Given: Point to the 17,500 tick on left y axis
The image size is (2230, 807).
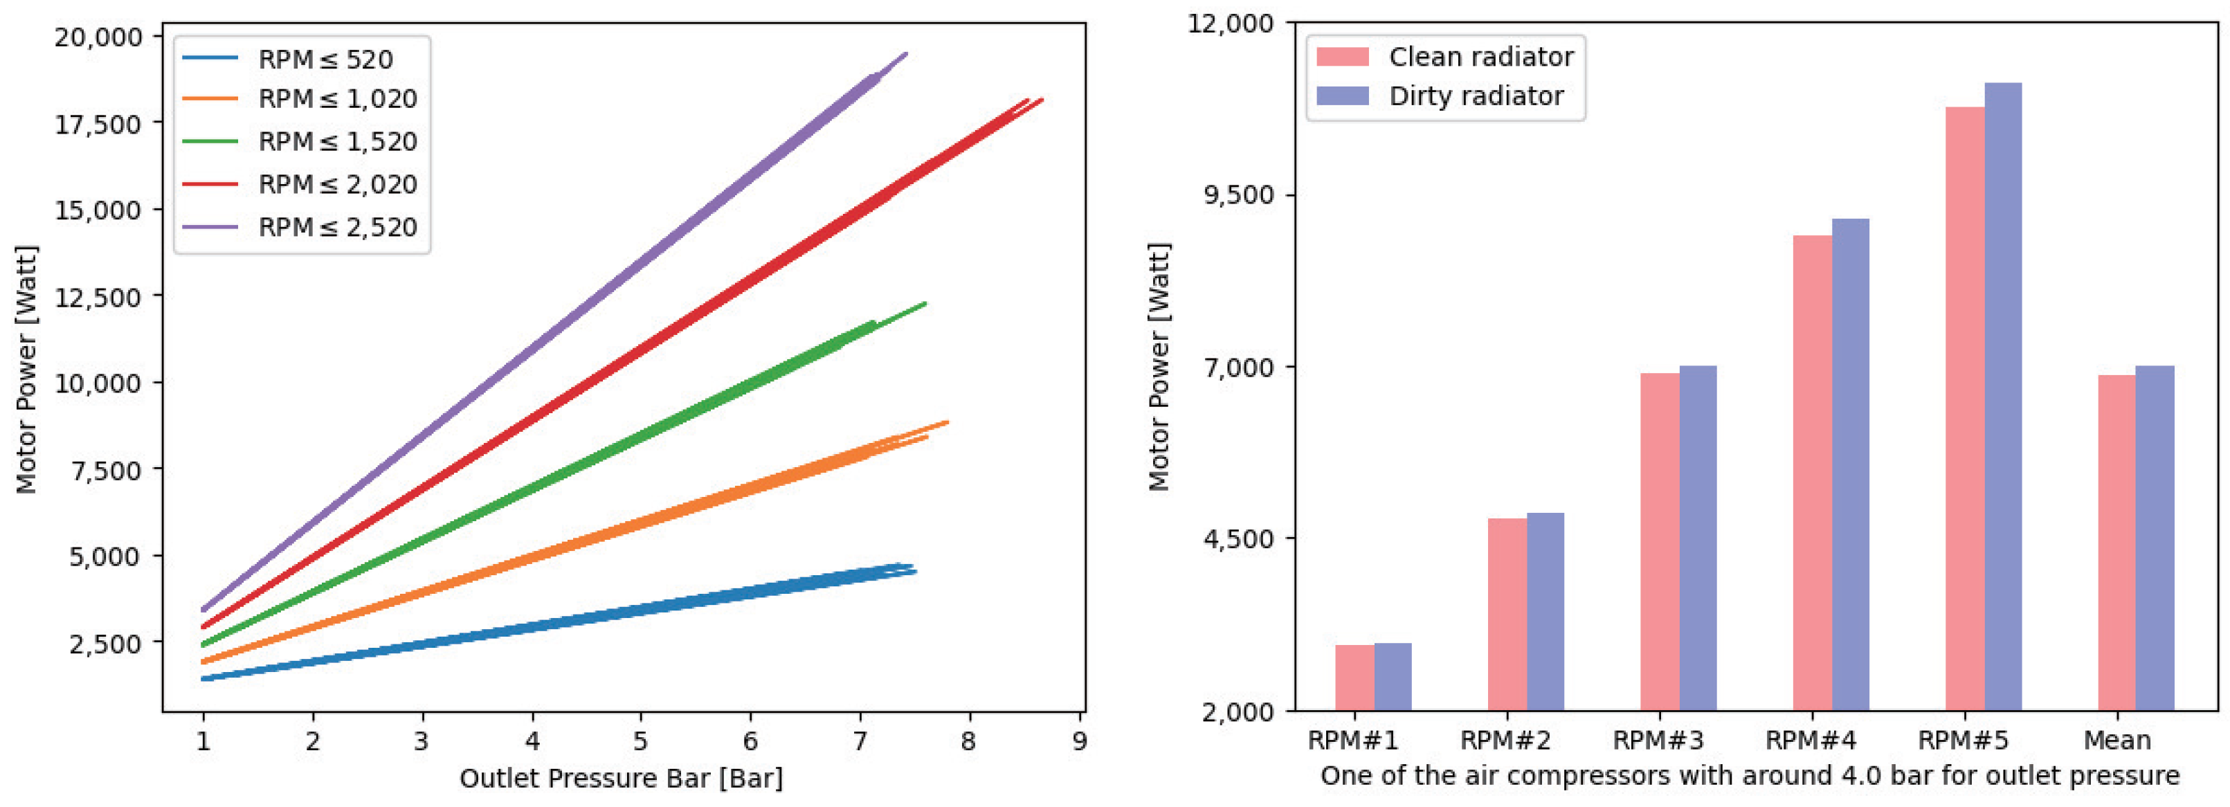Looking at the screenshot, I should point(98,124).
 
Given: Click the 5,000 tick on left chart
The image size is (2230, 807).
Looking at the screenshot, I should point(105,556).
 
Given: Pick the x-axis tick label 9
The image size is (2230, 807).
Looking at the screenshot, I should point(1078,741).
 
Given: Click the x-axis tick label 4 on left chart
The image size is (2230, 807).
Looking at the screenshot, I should point(532,741).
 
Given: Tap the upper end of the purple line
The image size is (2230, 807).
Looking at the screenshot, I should point(905,54).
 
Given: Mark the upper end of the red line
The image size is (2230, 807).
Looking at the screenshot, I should point(1042,100).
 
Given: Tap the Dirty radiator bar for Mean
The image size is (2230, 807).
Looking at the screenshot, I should point(2154,538).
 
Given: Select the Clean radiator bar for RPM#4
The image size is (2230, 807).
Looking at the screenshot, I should point(1812,473).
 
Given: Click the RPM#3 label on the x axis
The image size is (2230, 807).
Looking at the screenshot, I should point(1658,741).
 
